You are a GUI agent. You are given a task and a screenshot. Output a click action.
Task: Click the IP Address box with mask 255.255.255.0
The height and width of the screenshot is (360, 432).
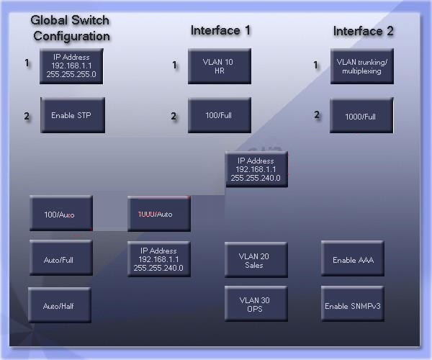[71, 66]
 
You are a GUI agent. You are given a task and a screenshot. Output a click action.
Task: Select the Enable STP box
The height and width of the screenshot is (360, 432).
[71, 115]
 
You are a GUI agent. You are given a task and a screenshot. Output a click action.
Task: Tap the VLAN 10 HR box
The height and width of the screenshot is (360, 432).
[220, 66]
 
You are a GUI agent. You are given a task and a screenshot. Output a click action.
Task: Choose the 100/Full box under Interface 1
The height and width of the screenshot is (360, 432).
[220, 115]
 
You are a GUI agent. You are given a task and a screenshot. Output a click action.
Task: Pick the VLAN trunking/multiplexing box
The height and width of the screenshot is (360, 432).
[361, 66]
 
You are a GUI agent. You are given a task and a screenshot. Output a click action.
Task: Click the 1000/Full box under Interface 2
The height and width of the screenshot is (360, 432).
[361, 115]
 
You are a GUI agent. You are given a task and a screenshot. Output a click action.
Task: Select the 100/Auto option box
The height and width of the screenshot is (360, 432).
[60, 214]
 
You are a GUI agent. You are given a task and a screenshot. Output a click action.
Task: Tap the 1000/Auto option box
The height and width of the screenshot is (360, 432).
[159, 214]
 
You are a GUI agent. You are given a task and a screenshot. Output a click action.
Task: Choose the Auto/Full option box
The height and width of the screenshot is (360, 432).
[60, 258]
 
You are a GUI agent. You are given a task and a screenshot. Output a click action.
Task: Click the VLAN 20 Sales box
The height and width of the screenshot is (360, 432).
[256, 260]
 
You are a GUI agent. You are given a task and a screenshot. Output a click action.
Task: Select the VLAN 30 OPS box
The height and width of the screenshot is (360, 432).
[256, 305]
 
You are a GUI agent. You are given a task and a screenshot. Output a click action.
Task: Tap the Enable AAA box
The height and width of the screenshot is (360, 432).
[352, 260]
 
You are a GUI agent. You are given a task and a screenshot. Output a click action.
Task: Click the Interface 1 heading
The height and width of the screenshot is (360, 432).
[220, 30]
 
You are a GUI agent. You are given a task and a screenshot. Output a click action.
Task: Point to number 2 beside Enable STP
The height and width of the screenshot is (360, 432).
[27, 116]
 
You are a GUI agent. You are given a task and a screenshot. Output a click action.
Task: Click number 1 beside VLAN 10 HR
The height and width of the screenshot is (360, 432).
[174, 66]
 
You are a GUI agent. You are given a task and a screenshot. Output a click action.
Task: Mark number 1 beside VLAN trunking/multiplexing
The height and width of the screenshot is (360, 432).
[315, 66]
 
